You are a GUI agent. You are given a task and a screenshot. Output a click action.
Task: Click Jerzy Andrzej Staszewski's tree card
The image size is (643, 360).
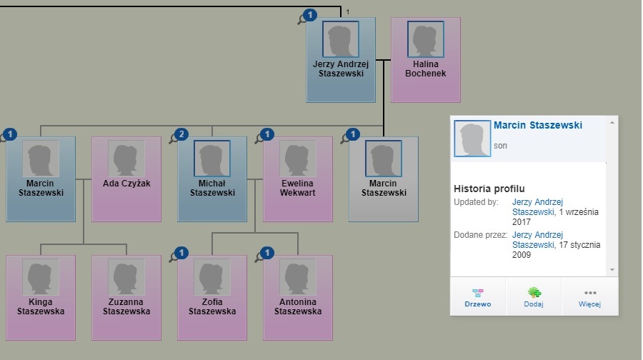click(341, 60)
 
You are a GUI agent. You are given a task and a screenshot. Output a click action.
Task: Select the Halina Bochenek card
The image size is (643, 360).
click(425, 60)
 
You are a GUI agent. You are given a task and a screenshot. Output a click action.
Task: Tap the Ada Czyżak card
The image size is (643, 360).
click(126, 179)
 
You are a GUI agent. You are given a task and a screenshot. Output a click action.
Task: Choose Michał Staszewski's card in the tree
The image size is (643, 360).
click(212, 179)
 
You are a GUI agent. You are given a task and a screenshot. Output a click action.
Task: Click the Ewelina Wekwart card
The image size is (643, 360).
click(298, 179)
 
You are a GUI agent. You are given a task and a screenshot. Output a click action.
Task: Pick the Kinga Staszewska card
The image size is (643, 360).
click(41, 297)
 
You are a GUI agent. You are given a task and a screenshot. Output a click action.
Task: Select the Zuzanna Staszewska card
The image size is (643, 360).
click(126, 297)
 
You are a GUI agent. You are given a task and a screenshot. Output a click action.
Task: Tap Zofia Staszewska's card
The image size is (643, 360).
click(212, 297)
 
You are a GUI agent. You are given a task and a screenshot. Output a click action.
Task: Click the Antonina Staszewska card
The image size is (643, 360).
click(298, 297)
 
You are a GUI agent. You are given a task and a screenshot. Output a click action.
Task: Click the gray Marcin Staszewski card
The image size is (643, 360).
click(384, 179)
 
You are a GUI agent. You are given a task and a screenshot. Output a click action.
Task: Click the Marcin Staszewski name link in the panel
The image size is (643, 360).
click(537, 126)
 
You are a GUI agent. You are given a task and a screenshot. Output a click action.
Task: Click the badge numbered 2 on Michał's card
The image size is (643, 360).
click(181, 134)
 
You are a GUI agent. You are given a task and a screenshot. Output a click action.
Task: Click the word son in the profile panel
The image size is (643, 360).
click(500, 146)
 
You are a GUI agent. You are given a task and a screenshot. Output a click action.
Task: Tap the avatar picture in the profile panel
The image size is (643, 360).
click(472, 139)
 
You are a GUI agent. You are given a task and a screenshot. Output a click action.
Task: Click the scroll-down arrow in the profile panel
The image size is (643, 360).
click(611, 269)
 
